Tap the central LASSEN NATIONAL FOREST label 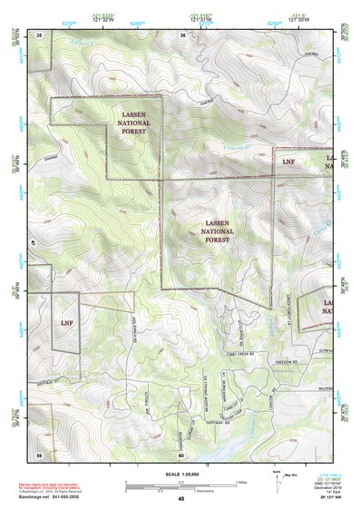click(x=218, y=231)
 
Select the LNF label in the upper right click(x=288, y=161)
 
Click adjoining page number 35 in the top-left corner click(x=39, y=34)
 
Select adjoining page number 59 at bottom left click(x=39, y=454)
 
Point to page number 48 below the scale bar click(x=180, y=499)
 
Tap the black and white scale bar click(x=180, y=484)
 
